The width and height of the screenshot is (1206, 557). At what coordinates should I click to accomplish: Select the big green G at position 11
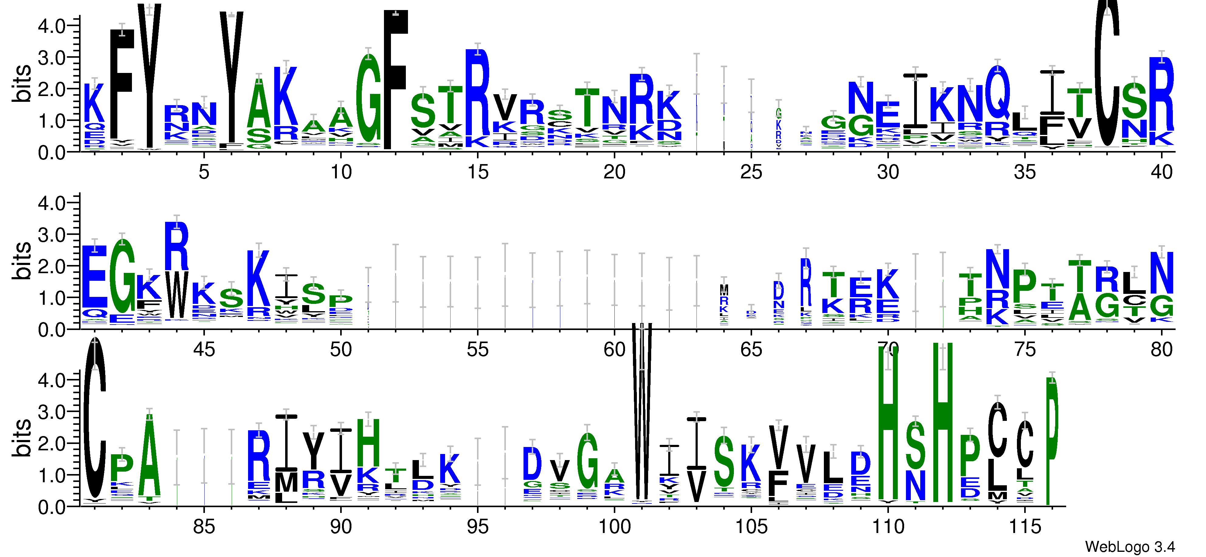click(368, 98)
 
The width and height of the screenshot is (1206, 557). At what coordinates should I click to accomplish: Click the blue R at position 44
click(177, 247)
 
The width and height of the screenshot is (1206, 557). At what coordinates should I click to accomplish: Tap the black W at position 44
click(177, 295)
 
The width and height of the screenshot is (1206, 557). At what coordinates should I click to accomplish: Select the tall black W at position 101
click(641, 412)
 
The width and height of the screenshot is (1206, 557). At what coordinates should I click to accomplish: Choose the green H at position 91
click(368, 442)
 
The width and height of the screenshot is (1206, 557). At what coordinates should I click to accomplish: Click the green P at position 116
click(1052, 440)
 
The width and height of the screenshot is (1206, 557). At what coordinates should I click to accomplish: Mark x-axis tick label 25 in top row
click(751, 172)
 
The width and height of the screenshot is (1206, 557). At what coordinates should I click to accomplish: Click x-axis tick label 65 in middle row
click(751, 350)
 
